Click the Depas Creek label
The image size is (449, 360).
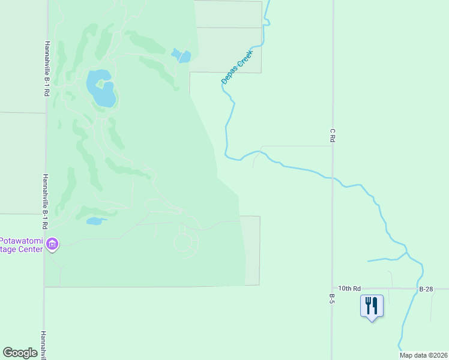pyautogui.click(x=238, y=66)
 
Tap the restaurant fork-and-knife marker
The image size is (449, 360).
pyautogui.click(x=372, y=306)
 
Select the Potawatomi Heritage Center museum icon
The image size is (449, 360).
pyautogui.click(x=52, y=244)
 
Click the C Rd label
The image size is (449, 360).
pyautogui.click(x=332, y=135)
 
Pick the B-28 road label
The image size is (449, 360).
pyautogui.click(x=426, y=289)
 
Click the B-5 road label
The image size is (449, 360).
pyautogui.click(x=331, y=299)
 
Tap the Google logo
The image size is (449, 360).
pyautogui.click(x=20, y=353)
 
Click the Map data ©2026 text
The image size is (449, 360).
pyautogui.click(x=423, y=355)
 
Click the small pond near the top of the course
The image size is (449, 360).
pyautogui.click(x=181, y=57)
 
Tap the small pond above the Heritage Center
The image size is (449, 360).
pyautogui.click(x=94, y=221)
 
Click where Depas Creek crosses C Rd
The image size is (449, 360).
pyautogui.click(x=332, y=178)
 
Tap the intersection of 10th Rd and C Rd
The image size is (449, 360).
pyautogui.click(x=332, y=289)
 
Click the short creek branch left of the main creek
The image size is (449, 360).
pyautogui.click(x=384, y=260)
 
